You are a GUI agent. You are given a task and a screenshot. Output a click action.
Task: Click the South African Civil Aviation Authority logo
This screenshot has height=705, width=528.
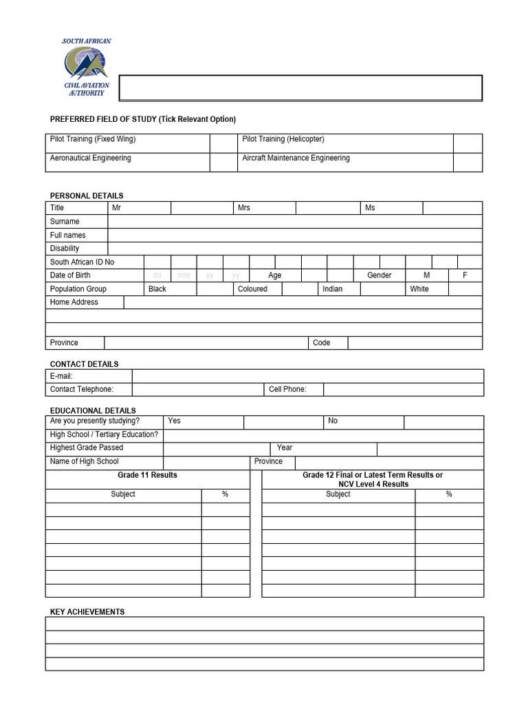tap(87, 67)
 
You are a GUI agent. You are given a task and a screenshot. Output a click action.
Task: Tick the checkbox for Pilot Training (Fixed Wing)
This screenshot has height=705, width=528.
tap(223, 143)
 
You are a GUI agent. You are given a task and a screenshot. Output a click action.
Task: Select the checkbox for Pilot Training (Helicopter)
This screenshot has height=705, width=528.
tap(467, 143)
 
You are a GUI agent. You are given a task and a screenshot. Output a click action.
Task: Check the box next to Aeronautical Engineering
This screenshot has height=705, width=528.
tap(223, 162)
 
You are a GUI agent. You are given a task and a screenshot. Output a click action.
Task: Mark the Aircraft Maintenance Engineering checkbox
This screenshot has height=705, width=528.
tap(467, 162)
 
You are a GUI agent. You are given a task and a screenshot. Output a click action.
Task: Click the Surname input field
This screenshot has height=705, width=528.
tap(295, 222)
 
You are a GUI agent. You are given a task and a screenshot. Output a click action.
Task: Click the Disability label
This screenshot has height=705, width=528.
tap(65, 249)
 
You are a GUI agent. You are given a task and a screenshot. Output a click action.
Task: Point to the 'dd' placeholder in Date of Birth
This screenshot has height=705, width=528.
tap(157, 275)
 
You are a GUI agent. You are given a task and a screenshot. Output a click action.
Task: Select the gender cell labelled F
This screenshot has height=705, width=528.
tap(465, 275)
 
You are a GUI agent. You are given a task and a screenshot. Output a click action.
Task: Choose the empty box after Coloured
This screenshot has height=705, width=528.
tap(299, 289)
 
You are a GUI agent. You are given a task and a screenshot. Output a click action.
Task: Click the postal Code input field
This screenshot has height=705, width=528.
tap(415, 343)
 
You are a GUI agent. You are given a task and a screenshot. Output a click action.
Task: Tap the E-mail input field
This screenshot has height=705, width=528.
tap(307, 376)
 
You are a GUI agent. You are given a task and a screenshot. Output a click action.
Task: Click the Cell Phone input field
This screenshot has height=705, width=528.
tap(403, 390)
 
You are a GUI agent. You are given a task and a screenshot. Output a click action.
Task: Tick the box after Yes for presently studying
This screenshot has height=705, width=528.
tap(283, 421)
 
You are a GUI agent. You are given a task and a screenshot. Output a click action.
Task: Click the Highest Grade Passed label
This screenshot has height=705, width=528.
tap(87, 448)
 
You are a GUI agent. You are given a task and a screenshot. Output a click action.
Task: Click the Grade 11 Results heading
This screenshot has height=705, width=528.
tap(147, 475)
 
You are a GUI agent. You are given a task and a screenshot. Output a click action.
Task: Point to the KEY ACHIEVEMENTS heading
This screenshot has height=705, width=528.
tap(87, 611)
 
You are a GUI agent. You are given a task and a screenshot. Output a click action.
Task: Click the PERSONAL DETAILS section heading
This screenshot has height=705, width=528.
tap(87, 196)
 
